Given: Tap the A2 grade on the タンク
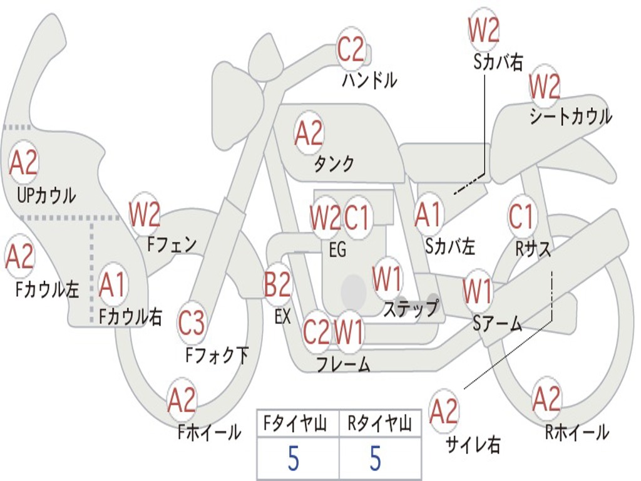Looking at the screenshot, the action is (x=309, y=133).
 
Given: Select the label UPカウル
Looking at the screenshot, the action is (x=46, y=195).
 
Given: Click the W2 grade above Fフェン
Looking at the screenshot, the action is (x=145, y=215).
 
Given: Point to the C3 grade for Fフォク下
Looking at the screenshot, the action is (x=192, y=323).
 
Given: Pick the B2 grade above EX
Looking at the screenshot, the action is (x=277, y=286).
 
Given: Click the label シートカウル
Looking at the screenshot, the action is (x=570, y=117).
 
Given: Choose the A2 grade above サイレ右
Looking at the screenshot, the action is (x=444, y=411).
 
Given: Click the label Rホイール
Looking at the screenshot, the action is (x=577, y=432).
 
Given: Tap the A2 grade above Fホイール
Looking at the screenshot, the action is (x=182, y=401).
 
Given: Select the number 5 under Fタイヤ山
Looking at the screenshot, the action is (x=293, y=458).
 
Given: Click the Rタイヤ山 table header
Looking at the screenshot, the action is (x=379, y=425).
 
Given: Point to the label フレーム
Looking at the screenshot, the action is (x=343, y=364).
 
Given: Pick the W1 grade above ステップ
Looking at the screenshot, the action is (x=387, y=279).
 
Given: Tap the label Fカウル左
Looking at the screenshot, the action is (x=48, y=290).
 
